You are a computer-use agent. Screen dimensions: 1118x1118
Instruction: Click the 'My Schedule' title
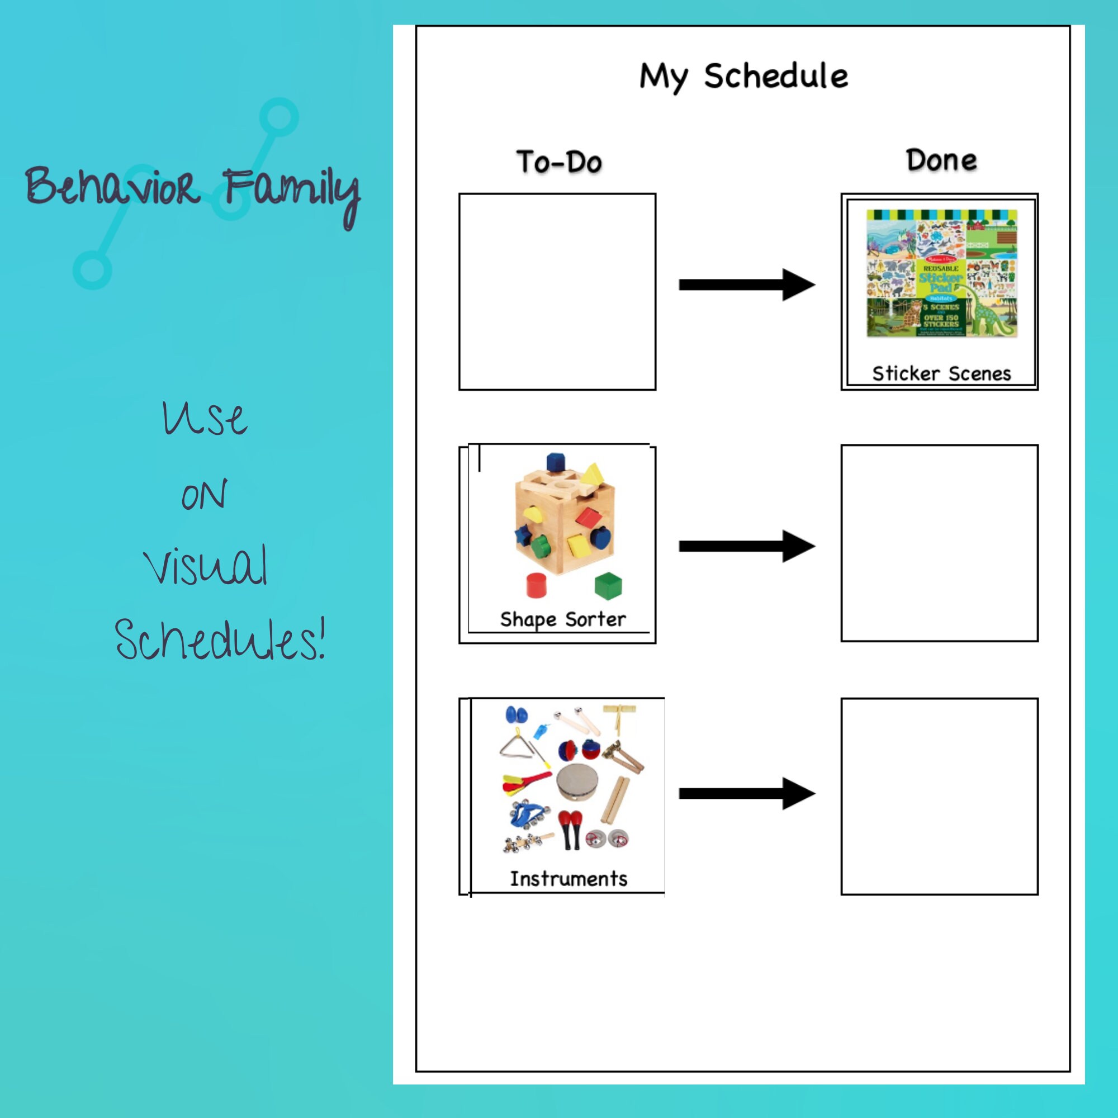pyautogui.click(x=743, y=77)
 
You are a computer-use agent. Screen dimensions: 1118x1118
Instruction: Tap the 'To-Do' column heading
pyautogui.click(x=559, y=162)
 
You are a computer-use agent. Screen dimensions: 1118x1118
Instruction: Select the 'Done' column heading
pyautogui.click(x=941, y=160)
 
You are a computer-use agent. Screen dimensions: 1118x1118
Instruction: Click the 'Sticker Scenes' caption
pyautogui.click(x=941, y=374)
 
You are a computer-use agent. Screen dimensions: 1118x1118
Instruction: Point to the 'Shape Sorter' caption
pyautogui.click(x=562, y=619)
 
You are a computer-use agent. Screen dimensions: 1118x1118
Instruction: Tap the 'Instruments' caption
pyautogui.click(x=569, y=878)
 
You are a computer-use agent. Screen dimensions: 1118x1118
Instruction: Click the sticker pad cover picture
pyautogui.click(x=941, y=273)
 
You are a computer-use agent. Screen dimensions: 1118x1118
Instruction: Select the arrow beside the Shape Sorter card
pyautogui.click(x=746, y=546)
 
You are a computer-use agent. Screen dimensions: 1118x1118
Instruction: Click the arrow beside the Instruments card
pyautogui.click(x=746, y=793)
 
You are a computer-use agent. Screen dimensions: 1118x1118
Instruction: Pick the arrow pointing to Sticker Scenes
pyautogui.click(x=746, y=284)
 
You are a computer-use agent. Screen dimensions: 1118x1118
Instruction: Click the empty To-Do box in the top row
pyautogui.click(x=557, y=292)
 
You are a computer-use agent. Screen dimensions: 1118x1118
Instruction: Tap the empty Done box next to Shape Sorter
pyautogui.click(x=939, y=543)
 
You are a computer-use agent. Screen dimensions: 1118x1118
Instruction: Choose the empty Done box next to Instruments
pyautogui.click(x=939, y=797)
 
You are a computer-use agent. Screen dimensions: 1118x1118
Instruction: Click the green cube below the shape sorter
pyautogui.click(x=609, y=586)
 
